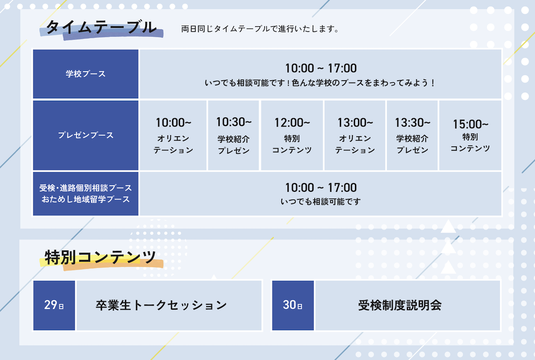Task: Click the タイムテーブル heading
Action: click(101, 27)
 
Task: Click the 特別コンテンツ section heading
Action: click(100, 257)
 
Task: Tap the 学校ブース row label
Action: click(85, 74)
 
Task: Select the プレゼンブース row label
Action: click(85, 135)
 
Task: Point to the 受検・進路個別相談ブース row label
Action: click(85, 188)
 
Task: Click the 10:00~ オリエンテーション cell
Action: click(173, 135)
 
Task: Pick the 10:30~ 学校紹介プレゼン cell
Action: click(234, 135)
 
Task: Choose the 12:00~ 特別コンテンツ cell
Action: click(292, 135)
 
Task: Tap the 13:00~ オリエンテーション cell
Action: click(355, 135)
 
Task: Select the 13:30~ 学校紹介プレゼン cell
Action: click(412, 135)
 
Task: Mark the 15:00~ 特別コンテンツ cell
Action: click(470, 135)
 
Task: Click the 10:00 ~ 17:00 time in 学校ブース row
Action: click(320, 68)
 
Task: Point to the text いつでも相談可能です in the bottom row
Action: click(320, 202)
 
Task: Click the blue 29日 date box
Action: click(54, 305)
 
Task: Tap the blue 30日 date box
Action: click(293, 305)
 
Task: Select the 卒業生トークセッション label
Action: click(161, 305)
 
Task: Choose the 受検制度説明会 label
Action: click(400, 305)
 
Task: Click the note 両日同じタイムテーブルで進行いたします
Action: click(260, 29)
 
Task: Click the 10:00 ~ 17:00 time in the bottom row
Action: click(320, 188)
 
